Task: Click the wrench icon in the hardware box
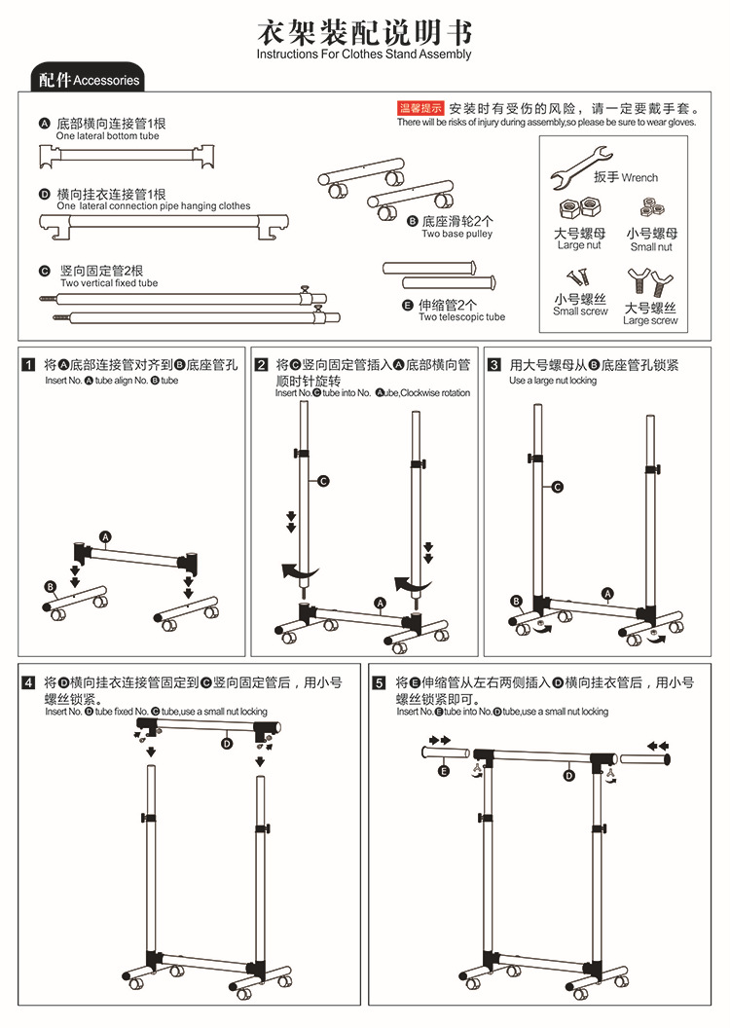tap(581, 166)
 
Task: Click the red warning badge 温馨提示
tap(420, 108)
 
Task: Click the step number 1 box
tap(29, 365)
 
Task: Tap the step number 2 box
tap(262, 365)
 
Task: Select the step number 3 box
tap(494, 365)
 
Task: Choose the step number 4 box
tap(29, 683)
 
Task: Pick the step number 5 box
tap(380, 683)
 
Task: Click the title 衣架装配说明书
tap(363, 32)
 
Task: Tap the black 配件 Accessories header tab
tap(89, 80)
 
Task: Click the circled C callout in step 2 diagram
tap(324, 481)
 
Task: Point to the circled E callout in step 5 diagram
tap(444, 771)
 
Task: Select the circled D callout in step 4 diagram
tap(227, 744)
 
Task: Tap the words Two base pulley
tap(456, 234)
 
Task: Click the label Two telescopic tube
tap(461, 317)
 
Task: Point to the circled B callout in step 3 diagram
tap(517, 601)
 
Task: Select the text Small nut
tap(651, 247)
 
